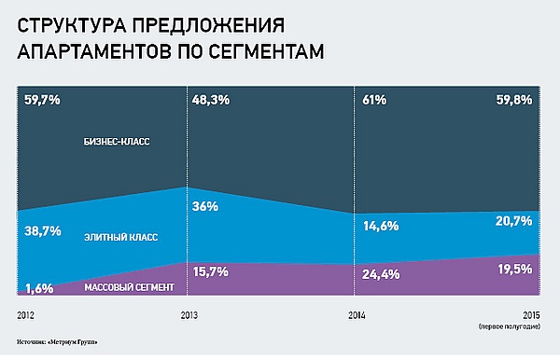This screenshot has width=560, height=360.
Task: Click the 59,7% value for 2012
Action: pyautogui.click(x=42, y=100)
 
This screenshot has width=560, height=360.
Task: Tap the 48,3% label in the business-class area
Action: pyautogui.click(x=211, y=100)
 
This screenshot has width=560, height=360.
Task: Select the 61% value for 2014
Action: pyautogui.click(x=374, y=100)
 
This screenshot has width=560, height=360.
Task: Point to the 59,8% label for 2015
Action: pyautogui.click(x=514, y=100)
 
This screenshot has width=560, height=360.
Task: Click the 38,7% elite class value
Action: pyautogui.click(x=43, y=231)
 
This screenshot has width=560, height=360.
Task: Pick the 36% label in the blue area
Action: pyautogui.click(x=205, y=206)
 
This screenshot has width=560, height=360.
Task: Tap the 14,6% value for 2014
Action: pyautogui.click(x=381, y=226)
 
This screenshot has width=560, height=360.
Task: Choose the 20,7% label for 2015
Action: pyautogui.click(x=513, y=221)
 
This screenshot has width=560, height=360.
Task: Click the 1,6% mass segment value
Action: pyautogui.click(x=39, y=288)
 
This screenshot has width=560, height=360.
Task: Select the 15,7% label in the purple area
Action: pyautogui.click(x=210, y=272)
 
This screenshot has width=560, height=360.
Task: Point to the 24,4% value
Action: pyautogui.click(x=381, y=274)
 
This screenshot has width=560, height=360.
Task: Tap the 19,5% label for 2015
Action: pyautogui.click(x=515, y=269)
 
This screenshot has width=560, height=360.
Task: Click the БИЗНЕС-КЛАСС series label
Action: pyautogui.click(x=117, y=142)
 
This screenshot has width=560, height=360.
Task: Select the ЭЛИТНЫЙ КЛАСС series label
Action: pyautogui.click(x=120, y=237)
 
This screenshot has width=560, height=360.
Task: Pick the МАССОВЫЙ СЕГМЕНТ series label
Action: pyautogui.click(x=130, y=287)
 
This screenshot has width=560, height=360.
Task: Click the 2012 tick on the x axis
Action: pyautogui.click(x=26, y=315)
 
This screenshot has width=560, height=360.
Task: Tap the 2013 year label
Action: pyautogui.click(x=189, y=315)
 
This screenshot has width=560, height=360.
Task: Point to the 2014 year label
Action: pyautogui.click(x=357, y=315)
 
